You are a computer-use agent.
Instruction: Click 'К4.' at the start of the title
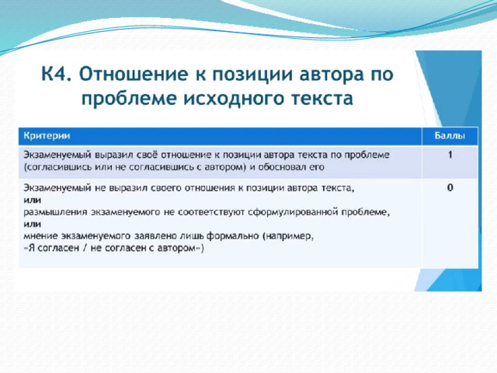tap(57, 74)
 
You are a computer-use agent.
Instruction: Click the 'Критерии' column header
tap(47, 136)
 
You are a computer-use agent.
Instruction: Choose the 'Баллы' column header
tap(450, 136)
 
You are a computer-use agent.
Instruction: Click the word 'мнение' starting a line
tap(40, 236)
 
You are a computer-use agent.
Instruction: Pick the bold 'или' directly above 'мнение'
tap(32, 224)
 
